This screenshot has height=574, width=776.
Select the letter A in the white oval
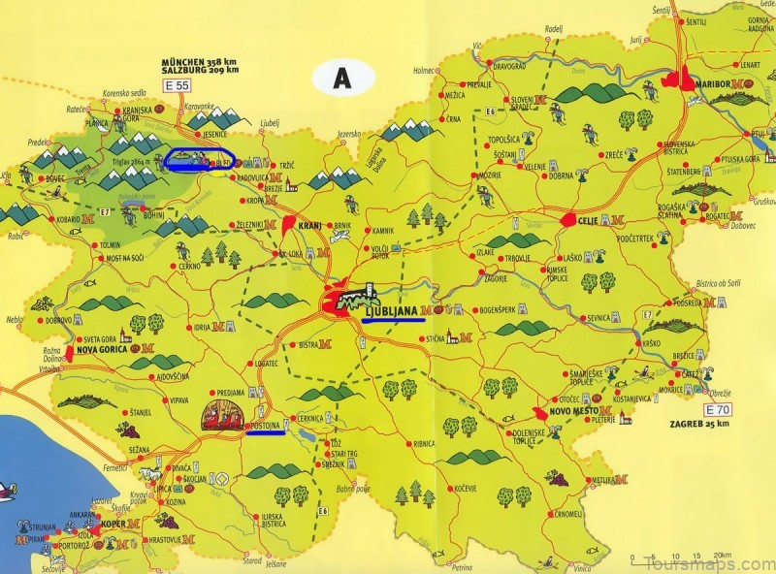[340, 79]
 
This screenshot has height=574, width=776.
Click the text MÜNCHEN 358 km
[198, 62]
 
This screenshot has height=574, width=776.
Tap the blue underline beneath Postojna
[265, 433]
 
